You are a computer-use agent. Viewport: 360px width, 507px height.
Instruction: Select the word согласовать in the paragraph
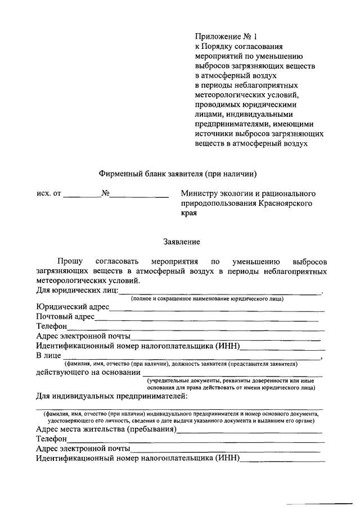pyautogui.click(x=116, y=261)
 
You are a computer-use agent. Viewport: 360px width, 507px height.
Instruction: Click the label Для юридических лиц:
pyautogui.click(x=77, y=290)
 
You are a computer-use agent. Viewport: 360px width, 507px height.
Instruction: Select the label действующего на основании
pyautogui.click(x=88, y=372)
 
